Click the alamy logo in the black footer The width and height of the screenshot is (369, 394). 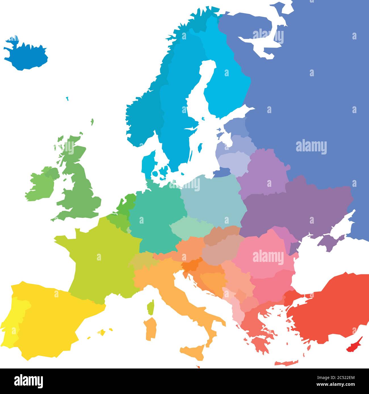[28, 381]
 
